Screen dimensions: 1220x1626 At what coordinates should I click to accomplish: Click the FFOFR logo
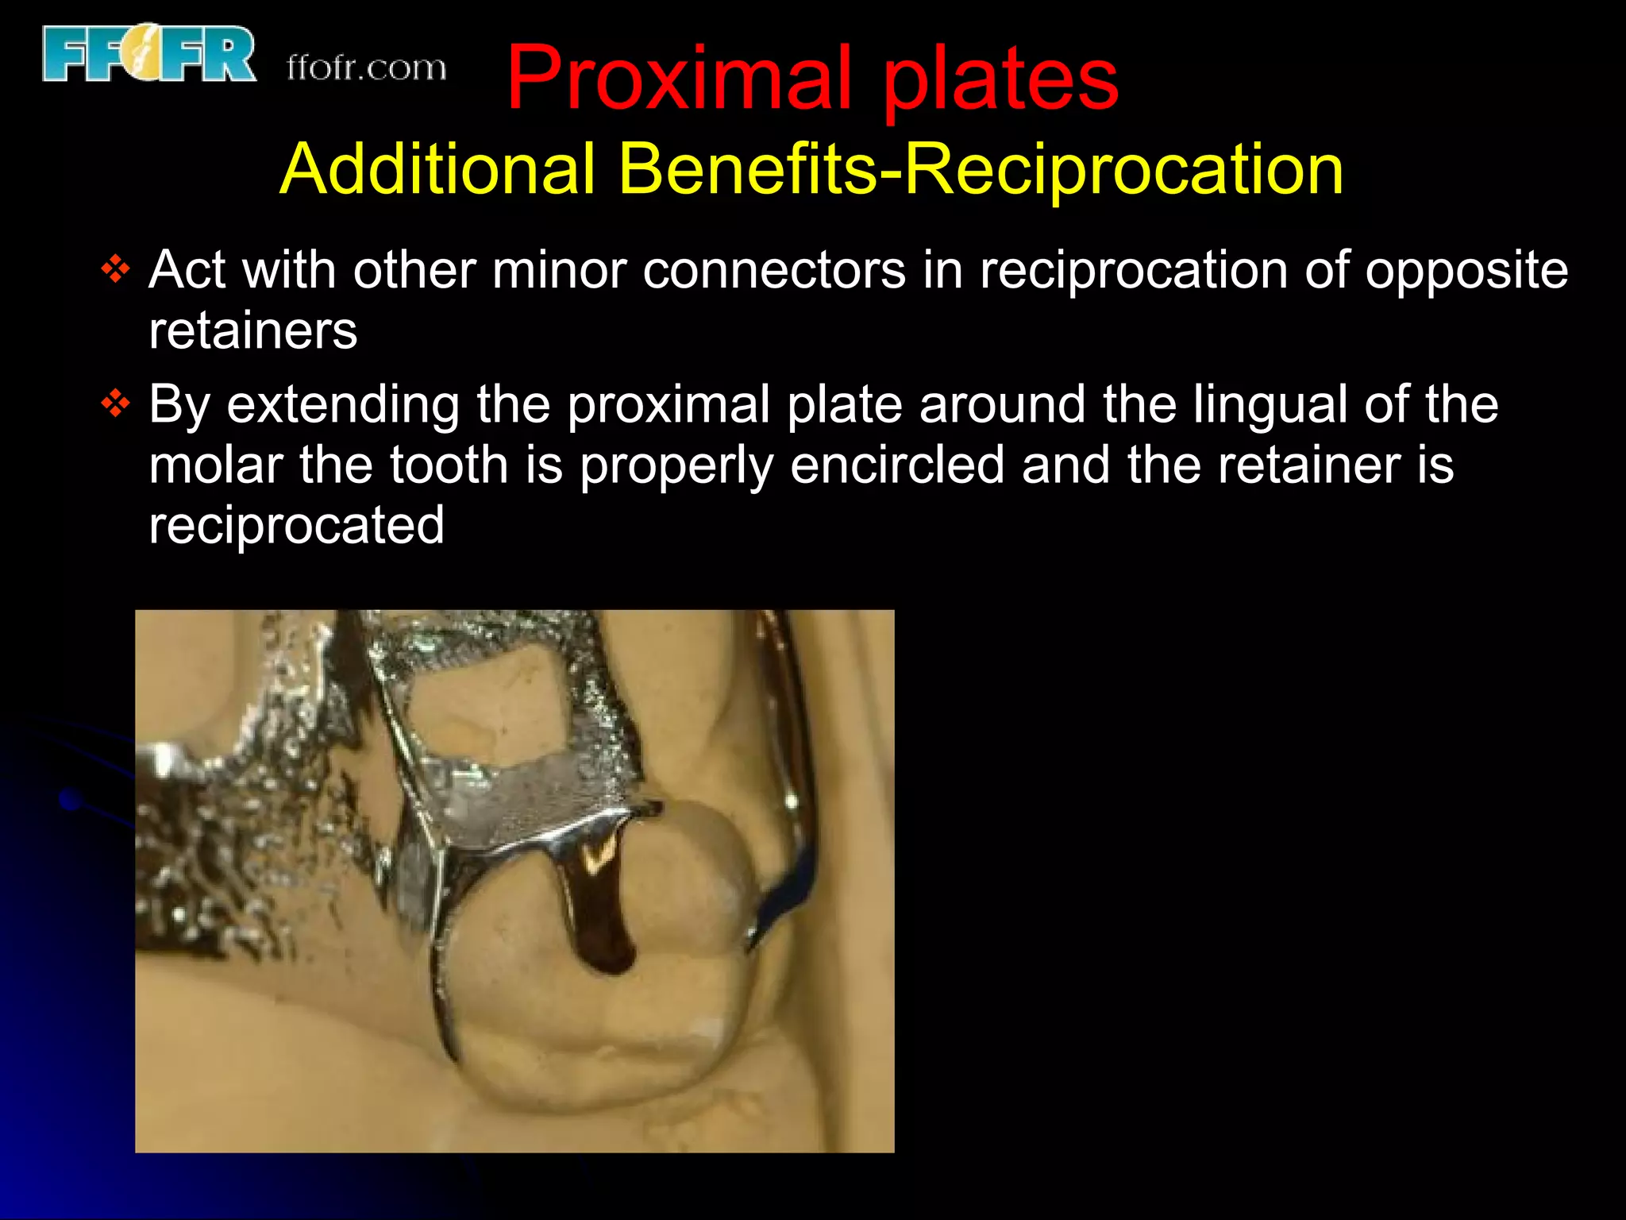click(149, 54)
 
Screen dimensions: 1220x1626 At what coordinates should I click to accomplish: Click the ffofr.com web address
click(366, 68)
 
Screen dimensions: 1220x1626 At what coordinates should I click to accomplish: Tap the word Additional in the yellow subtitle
click(437, 169)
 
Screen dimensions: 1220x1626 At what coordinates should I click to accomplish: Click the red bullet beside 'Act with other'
click(116, 270)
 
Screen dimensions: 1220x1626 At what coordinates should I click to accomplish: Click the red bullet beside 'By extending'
click(116, 404)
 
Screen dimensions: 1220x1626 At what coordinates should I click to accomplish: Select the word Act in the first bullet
click(187, 270)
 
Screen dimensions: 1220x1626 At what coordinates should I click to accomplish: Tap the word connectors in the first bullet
click(774, 270)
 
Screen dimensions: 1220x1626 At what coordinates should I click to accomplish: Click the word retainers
click(252, 330)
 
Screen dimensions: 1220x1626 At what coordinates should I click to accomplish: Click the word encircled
click(897, 465)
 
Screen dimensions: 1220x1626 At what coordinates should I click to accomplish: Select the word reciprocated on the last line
click(296, 526)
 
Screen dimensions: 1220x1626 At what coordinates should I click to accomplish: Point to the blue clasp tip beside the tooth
click(782, 898)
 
